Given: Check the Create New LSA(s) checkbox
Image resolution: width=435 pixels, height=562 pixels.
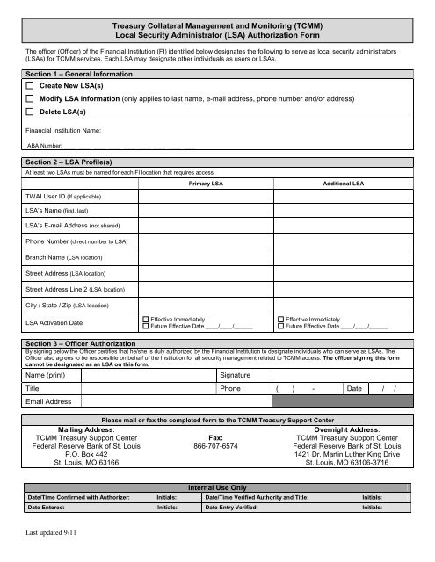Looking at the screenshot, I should (x=31, y=89).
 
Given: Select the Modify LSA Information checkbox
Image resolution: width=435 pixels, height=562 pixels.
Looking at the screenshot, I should (x=31, y=101).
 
